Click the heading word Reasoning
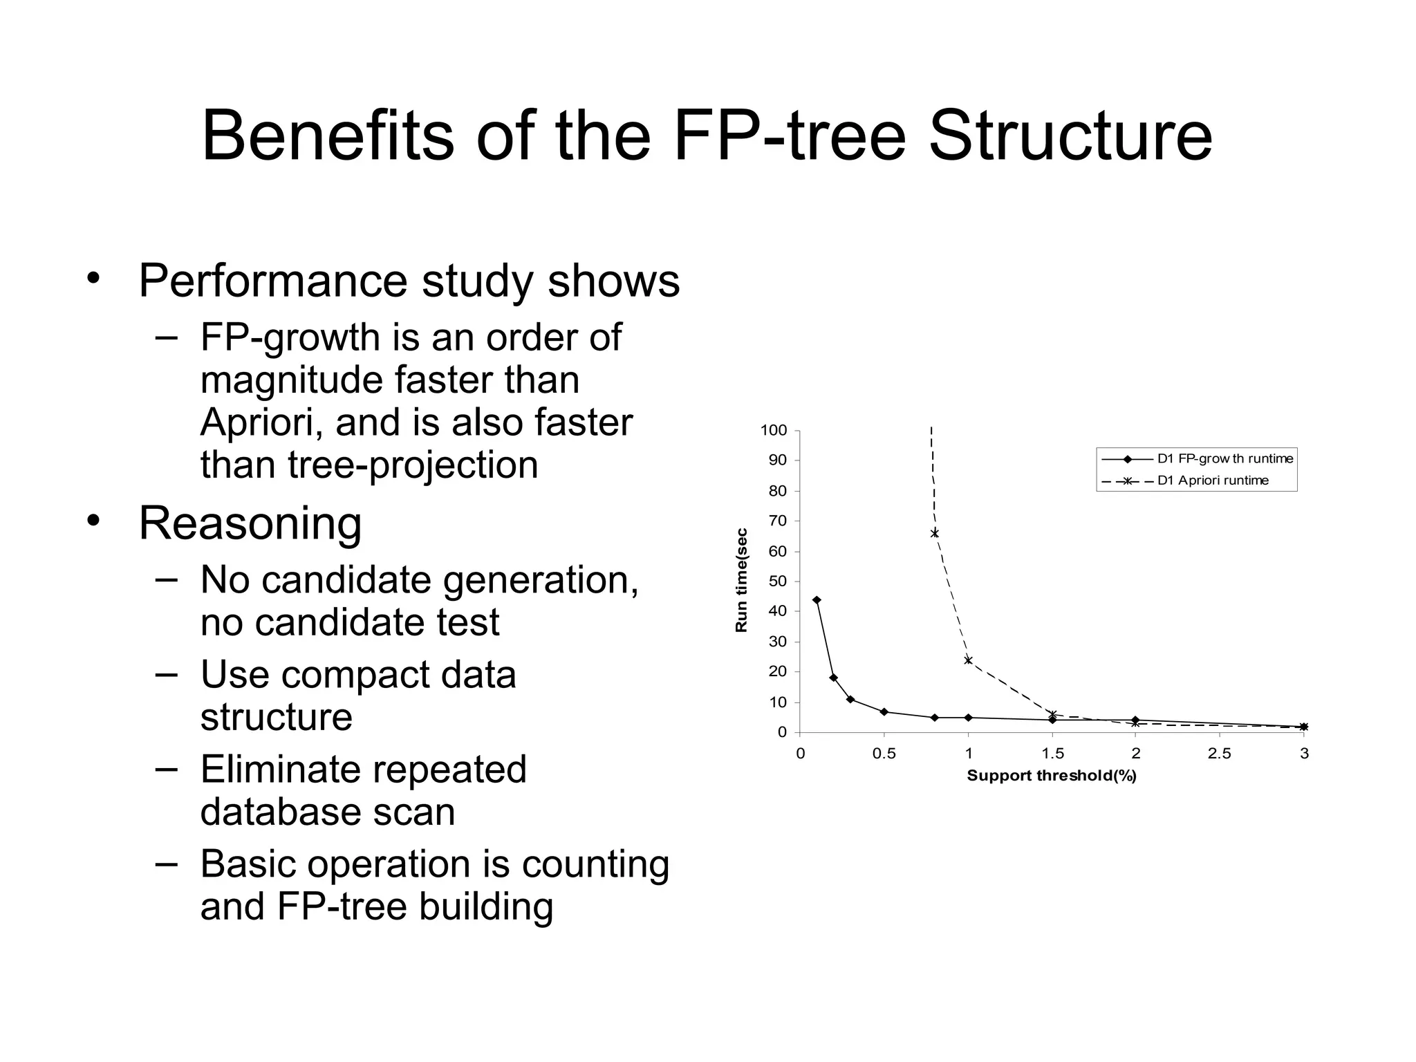250,523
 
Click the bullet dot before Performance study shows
93,279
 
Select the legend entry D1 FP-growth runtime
1224,459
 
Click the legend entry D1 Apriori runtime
1213,481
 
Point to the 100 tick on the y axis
774,430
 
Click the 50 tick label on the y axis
778,581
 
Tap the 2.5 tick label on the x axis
1219,754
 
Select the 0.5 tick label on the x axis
884,754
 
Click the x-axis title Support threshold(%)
1051,776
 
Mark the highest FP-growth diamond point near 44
817,600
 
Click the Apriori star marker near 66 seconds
935,533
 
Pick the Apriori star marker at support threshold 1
968,660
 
